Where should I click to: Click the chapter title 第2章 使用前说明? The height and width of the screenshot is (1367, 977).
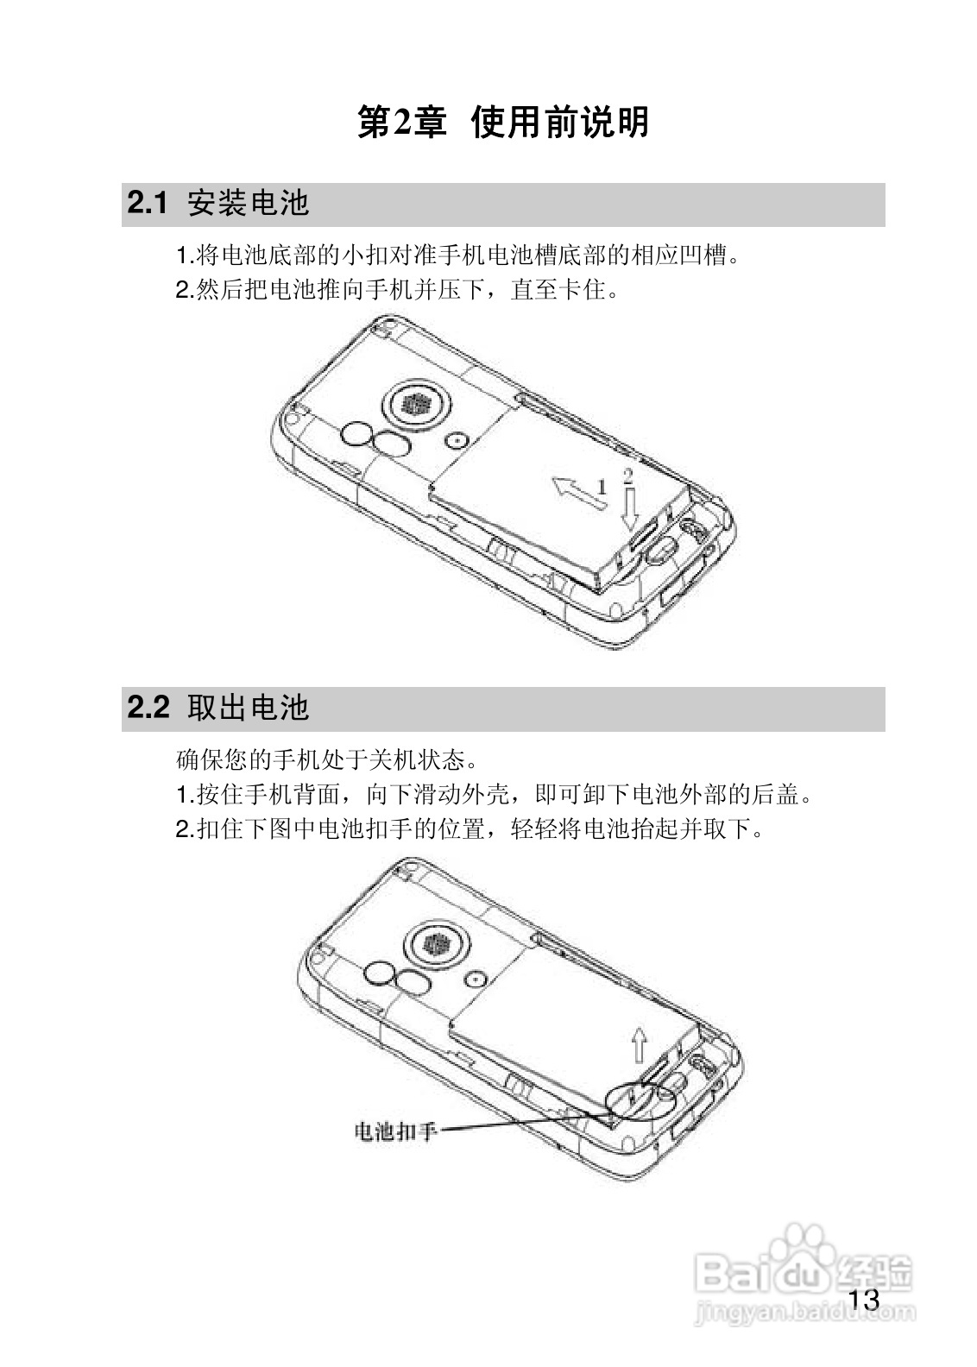click(503, 123)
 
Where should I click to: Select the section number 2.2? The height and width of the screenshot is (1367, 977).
click(147, 708)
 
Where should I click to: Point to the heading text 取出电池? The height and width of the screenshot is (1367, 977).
click(248, 708)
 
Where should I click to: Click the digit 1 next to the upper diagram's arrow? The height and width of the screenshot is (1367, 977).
click(602, 487)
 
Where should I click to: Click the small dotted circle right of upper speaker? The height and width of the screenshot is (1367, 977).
click(457, 440)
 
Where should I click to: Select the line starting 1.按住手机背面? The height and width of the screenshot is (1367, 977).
click(494, 794)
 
